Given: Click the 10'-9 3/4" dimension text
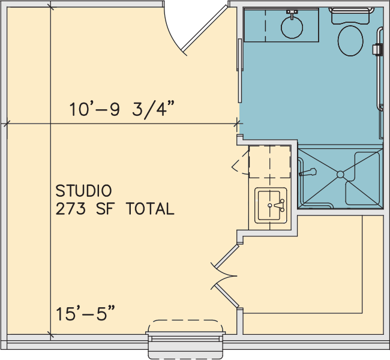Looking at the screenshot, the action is [x=122, y=109].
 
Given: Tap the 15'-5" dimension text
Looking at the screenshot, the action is [x=85, y=313].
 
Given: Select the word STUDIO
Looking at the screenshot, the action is [x=83, y=191].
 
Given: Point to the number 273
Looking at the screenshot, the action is [x=71, y=208].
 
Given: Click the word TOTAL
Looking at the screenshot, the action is [x=151, y=208].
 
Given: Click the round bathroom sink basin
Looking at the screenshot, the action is [x=292, y=28].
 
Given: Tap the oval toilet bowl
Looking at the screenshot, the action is [x=350, y=41].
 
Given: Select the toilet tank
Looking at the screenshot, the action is [x=352, y=16].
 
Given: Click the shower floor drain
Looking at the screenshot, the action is [x=340, y=175].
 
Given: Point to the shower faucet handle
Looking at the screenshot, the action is [x=308, y=172].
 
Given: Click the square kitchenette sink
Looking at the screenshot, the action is [x=271, y=206].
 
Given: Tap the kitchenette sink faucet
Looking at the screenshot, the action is [x=280, y=205].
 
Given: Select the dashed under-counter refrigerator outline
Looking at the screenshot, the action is [x=269, y=162].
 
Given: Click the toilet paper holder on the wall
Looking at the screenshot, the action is [x=377, y=49].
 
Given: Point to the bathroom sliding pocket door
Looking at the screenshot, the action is [x=240, y=70].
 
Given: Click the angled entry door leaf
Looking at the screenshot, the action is [x=206, y=28].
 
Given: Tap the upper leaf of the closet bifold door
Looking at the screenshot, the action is [x=227, y=257].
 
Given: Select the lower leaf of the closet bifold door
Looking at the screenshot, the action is [x=227, y=296].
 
